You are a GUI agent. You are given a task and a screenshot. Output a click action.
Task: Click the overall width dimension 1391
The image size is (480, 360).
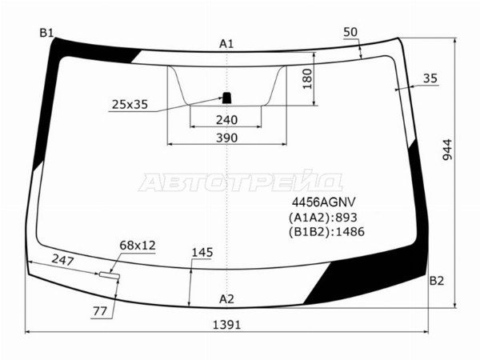227,325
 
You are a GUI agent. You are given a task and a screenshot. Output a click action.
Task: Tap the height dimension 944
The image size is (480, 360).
447,150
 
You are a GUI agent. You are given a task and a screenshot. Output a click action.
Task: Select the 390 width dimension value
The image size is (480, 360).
227,138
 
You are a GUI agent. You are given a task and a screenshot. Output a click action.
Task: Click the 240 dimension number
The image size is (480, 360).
227,120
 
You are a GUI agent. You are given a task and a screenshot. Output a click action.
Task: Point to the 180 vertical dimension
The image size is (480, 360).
307,79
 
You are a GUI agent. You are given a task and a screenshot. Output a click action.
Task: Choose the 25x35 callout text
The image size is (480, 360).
130,105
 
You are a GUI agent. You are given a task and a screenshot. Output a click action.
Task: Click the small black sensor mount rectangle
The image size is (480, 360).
226,98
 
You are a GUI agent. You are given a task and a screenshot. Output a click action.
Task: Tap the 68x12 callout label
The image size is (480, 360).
138,246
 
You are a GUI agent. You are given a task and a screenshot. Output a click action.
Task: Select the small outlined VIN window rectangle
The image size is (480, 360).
110,275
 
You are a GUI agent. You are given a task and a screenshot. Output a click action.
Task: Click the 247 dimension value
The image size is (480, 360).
62,260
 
